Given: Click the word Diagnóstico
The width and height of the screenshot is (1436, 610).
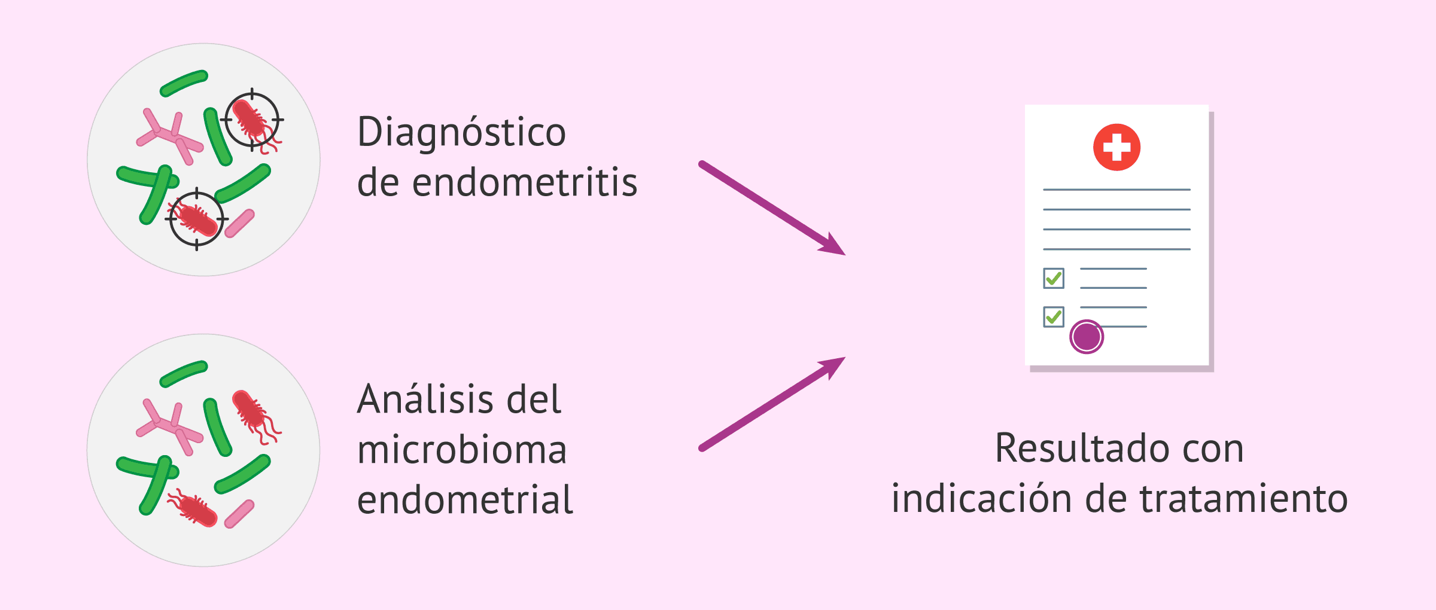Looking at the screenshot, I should pos(461,132).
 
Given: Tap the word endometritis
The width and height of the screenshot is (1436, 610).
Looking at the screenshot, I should pos(525,182).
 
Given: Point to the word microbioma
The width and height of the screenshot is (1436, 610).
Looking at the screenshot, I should pos(462,450).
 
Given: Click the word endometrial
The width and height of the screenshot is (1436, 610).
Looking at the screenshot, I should pos(465,500).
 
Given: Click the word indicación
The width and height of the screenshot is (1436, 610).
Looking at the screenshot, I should pos(981,498).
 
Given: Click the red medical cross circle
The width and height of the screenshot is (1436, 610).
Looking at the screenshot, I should pos(1116,147).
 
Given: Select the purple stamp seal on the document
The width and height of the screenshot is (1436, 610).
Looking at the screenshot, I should pos(1087,337).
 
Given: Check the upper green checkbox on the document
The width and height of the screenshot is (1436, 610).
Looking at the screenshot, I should pos(1054,278).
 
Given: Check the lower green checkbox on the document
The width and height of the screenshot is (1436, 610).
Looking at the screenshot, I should pos(1054,316).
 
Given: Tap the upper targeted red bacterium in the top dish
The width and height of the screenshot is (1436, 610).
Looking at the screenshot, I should pos(252,120).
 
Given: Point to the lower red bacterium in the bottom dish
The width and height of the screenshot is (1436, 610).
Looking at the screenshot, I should pos(195,508).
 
